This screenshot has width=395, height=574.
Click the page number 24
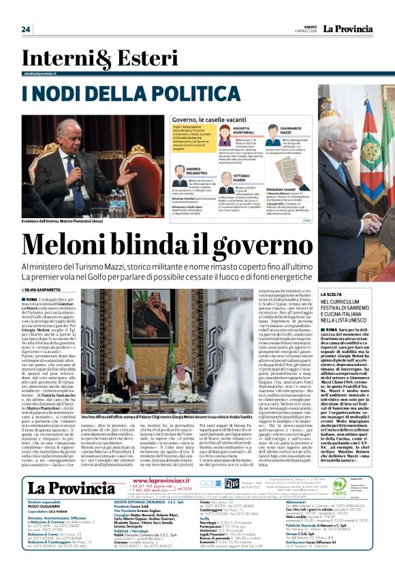click(x=26, y=29)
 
